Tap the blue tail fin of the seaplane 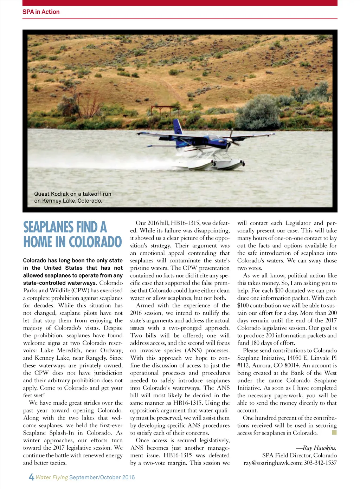click(x=178, y=127)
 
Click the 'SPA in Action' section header click(x=41, y=12)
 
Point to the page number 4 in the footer click(x=31, y=477)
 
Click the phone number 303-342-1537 click(x=320, y=463)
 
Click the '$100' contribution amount click(x=243, y=305)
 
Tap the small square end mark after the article click(x=334, y=432)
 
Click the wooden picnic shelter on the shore click(x=165, y=110)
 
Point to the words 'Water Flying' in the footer click(x=52, y=477)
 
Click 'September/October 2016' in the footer click(x=102, y=477)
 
